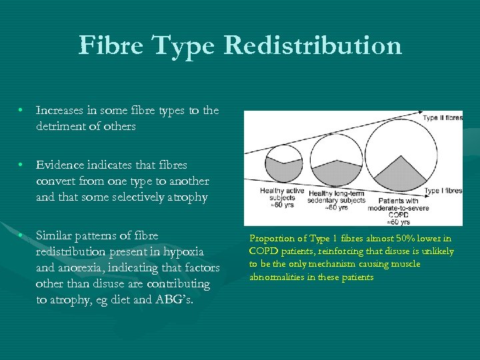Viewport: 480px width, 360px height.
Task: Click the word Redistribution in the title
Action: click(x=313, y=46)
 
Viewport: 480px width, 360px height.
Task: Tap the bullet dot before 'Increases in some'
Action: click(x=22, y=110)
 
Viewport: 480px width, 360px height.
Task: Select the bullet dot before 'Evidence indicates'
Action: click(x=22, y=165)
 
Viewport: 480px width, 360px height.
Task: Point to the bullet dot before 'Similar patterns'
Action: click(x=22, y=235)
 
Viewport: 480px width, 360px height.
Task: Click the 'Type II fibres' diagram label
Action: click(x=442, y=118)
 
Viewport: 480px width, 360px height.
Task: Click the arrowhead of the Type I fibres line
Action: click(x=423, y=190)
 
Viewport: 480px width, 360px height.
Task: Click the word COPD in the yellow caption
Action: click(x=263, y=251)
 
